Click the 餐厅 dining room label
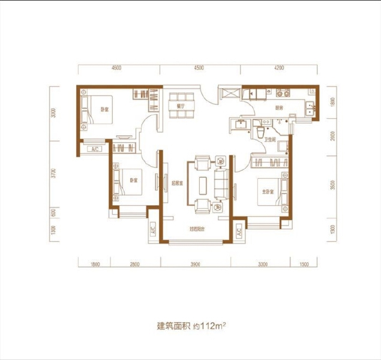(179, 105)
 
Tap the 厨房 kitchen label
(279, 108)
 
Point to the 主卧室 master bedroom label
(267, 191)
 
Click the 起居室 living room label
(176, 183)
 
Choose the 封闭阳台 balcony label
(198, 229)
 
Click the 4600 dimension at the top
(116, 68)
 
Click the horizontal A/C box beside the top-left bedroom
(94, 148)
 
